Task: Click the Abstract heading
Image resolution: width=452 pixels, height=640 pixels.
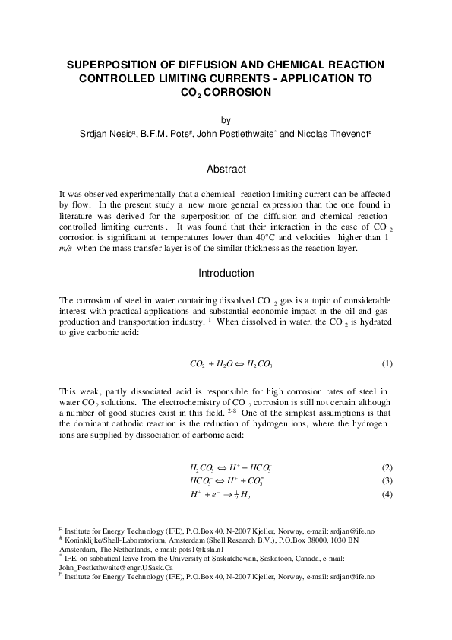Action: click(226, 169)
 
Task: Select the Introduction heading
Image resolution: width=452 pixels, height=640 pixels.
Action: click(226, 274)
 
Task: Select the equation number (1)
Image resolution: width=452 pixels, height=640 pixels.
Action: click(387, 363)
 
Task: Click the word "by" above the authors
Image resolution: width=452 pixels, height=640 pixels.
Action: click(226, 121)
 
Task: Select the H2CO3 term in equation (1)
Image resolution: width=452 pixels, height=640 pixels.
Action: click(264, 364)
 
